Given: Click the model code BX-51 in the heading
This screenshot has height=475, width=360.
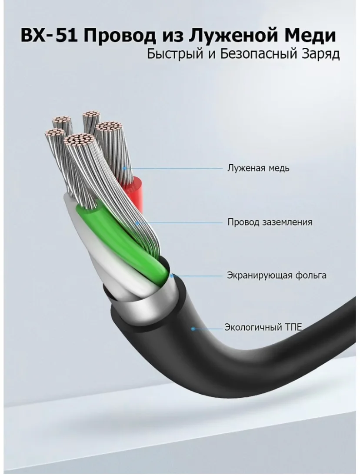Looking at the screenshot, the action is click(x=48, y=35).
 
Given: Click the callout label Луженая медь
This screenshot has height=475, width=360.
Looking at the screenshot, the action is click(x=258, y=168).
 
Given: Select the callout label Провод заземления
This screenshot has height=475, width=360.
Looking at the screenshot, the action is click(x=270, y=222).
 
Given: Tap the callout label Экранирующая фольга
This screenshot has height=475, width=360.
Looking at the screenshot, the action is click(x=277, y=276).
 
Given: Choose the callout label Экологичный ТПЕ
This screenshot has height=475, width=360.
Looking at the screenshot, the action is click(x=263, y=328).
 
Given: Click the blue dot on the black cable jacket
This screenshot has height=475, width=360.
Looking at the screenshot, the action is click(x=193, y=329).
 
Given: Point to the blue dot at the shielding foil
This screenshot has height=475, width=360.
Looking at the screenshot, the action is click(x=171, y=276).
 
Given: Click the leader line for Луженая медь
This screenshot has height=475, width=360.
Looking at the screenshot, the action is click(x=173, y=168).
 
